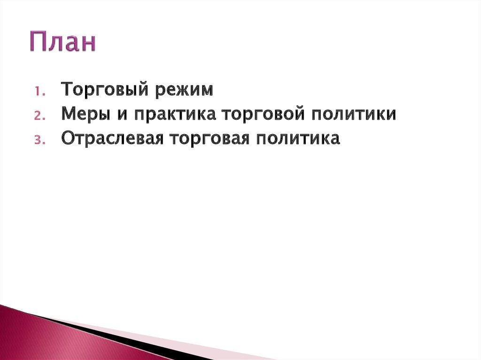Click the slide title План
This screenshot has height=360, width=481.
(63, 42)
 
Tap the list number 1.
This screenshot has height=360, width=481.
(39, 90)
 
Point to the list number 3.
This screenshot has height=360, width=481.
(39, 140)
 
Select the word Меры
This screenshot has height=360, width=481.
(84, 114)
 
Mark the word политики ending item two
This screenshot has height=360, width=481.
(356, 114)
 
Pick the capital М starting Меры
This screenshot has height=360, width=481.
(69, 114)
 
